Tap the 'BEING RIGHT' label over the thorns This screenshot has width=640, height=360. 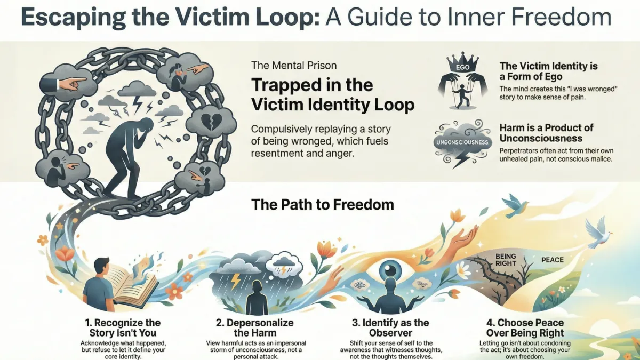tap(506, 260)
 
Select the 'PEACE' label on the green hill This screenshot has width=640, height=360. tap(553, 260)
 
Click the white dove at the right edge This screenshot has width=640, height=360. tap(599, 234)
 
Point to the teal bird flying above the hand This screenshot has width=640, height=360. tap(515, 206)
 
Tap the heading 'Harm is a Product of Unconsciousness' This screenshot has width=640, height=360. tap(547, 133)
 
